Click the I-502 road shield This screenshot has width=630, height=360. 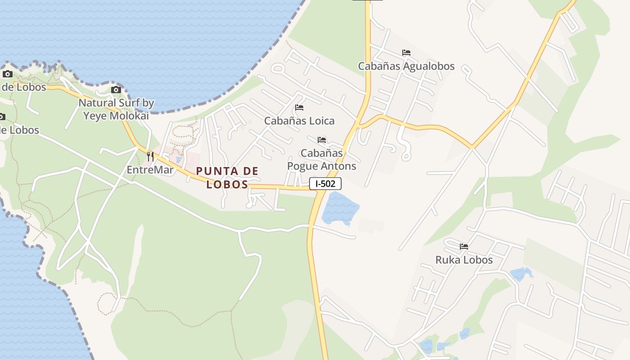pos(325,184)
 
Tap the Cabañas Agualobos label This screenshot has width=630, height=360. pos(406,66)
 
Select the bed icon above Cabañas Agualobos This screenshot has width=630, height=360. pos(406,53)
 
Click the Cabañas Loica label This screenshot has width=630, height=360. pos(299,121)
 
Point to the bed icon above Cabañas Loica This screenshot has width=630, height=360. pos(299,108)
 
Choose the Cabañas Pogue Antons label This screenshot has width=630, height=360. pos(321,159)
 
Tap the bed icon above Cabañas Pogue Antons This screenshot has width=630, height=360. pos(322,140)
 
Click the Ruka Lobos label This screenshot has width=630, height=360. pos(464,260)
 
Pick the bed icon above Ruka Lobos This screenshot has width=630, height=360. pos(464,247)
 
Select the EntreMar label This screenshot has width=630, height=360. pos(150,170)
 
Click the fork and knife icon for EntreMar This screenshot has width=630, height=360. pos(150,157)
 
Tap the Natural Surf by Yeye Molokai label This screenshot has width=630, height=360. pos(116,109)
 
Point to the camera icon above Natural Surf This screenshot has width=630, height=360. pos(116,90)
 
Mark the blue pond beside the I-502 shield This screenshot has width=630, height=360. pos(340,208)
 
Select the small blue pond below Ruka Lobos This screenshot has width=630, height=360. pos(521,273)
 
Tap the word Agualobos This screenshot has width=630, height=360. pos(429,66)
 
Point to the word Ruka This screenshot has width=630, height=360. pos(447,260)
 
